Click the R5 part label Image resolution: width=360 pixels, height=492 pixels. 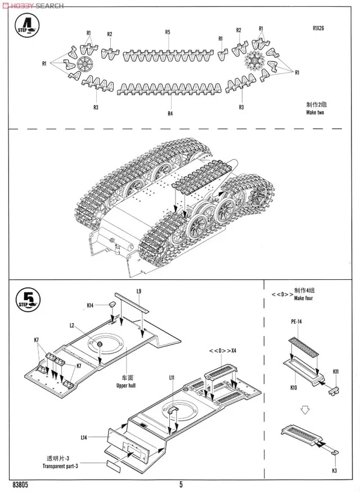168,32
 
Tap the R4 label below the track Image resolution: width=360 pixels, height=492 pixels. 170,114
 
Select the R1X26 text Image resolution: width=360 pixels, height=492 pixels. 320,29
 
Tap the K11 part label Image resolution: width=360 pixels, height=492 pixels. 335,372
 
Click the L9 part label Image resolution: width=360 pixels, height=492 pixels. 138,290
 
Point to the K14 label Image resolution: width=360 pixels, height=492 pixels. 90,306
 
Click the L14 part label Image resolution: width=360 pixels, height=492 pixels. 83,437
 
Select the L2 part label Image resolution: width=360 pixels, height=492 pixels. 72,325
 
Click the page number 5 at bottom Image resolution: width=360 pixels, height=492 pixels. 181,484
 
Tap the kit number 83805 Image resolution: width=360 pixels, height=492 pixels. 20,484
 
